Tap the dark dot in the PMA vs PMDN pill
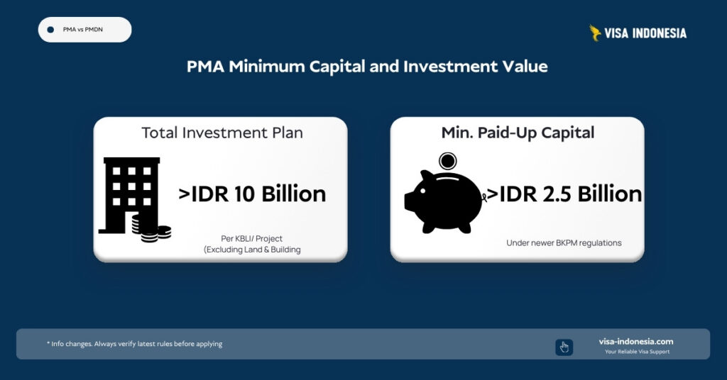(50, 30)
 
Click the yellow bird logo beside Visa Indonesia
(595, 33)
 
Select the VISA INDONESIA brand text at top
(645, 33)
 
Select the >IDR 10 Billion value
(252, 194)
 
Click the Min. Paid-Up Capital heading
(517, 133)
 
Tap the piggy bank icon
(444, 201)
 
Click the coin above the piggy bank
(447, 160)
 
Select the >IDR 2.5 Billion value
(562, 194)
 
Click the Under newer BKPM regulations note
(564, 242)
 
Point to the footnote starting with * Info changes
(135, 344)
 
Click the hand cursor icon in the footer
(564, 347)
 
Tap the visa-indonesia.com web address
(636, 341)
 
